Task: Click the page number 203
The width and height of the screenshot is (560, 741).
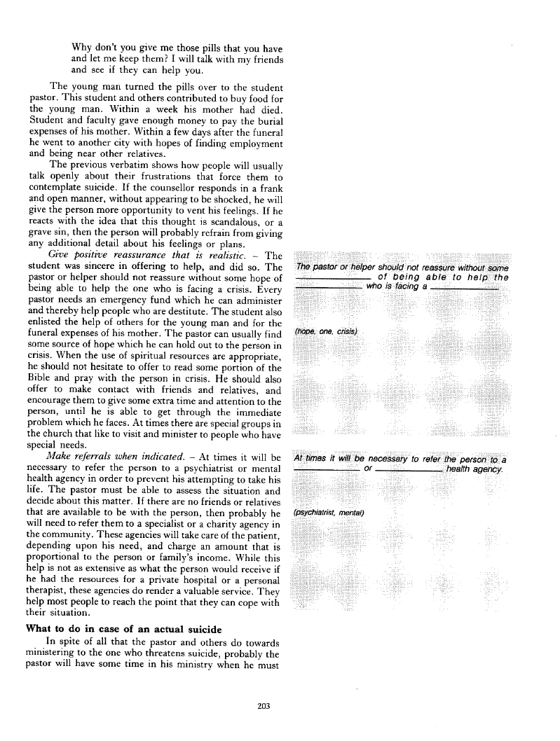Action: tap(264, 706)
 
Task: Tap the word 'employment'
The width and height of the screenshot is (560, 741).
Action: tap(252, 143)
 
